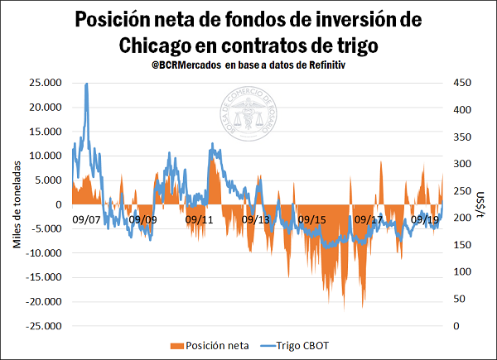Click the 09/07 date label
tap(86, 220)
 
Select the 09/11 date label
tap(200, 220)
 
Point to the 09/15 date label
tap(311, 220)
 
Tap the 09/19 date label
tap(424, 220)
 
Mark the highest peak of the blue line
tap(87, 84)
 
